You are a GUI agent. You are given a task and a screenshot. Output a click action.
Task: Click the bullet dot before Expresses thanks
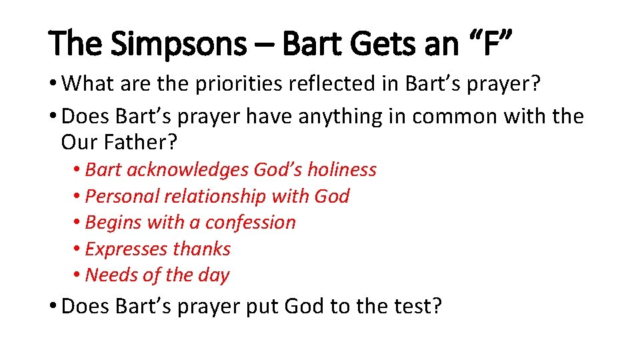point(78,249)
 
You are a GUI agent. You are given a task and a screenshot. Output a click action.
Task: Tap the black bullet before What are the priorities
point(54,84)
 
